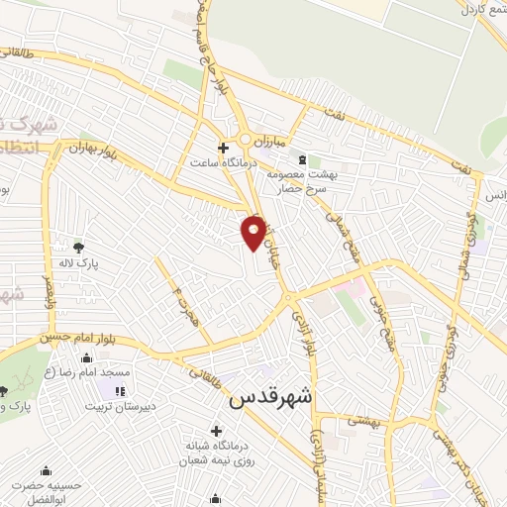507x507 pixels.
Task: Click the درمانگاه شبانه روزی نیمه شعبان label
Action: pyautogui.click(x=216, y=453)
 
